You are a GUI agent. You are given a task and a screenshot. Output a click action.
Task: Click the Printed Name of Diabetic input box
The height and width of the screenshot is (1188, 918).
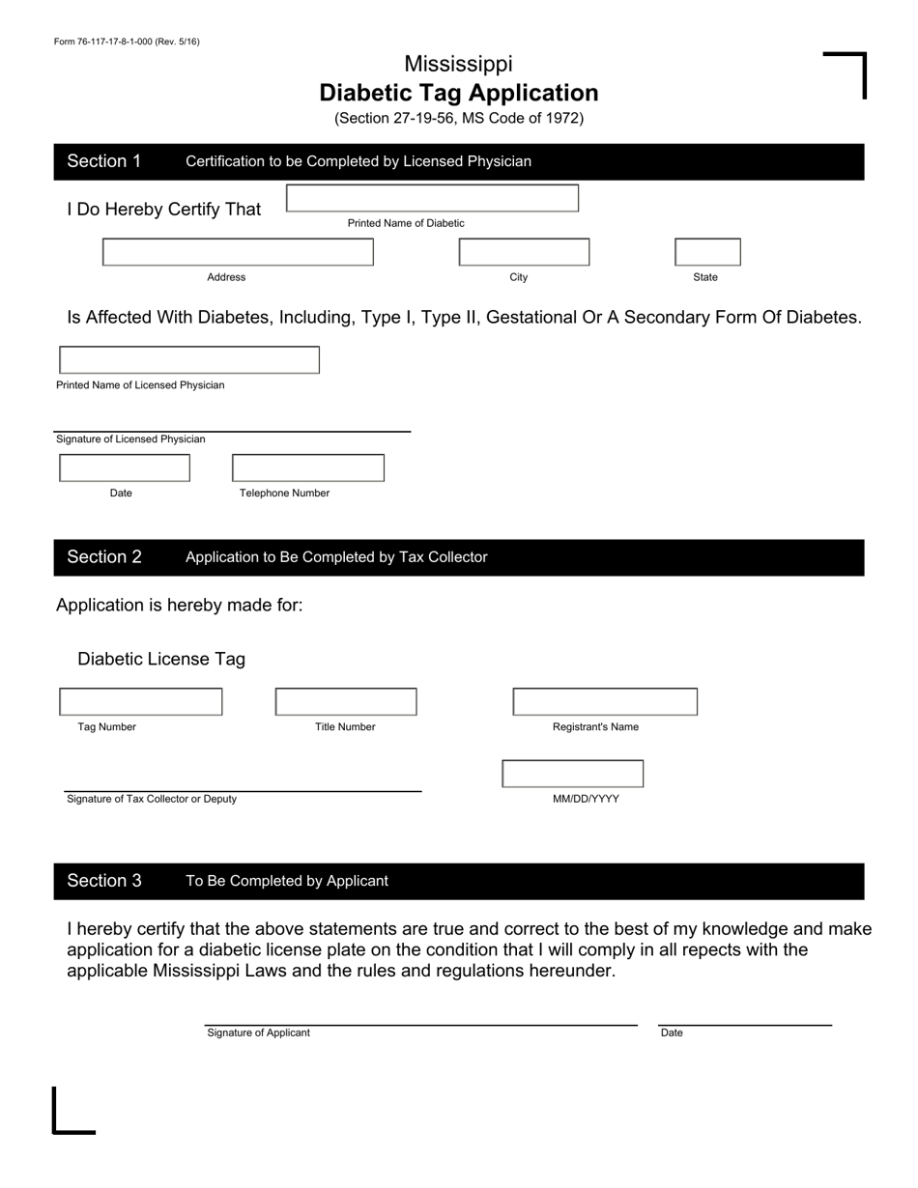(432, 198)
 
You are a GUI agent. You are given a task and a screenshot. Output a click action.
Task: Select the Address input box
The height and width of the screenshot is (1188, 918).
(238, 252)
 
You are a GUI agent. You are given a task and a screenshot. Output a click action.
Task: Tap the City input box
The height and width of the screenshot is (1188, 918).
(524, 252)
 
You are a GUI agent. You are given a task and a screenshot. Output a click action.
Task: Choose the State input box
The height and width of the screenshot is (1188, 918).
(707, 252)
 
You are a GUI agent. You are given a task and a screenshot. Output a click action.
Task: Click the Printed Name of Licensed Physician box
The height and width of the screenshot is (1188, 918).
(189, 360)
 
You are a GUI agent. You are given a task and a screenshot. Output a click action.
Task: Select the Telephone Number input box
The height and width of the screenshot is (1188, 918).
(307, 468)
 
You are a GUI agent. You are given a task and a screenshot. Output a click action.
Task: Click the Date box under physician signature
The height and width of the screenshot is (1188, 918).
(125, 468)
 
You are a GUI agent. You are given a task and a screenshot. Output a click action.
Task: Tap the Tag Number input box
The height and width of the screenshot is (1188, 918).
(141, 702)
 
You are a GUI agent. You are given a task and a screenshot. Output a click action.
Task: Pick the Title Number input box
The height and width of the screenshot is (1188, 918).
(346, 702)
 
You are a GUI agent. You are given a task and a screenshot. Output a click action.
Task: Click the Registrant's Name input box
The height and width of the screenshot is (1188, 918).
(605, 702)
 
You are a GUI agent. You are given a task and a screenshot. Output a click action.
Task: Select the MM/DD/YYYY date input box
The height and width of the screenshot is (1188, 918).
(572, 775)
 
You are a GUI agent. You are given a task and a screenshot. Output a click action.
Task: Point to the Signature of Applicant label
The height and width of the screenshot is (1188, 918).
(258, 1032)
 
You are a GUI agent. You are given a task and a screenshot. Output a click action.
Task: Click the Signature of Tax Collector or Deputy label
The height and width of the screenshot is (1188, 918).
(151, 799)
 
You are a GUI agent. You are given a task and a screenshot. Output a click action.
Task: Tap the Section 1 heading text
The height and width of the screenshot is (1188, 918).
(104, 161)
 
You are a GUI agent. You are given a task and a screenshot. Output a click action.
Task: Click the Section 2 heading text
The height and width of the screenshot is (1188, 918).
(104, 557)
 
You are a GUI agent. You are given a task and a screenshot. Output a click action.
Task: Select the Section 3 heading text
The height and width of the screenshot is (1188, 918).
(104, 881)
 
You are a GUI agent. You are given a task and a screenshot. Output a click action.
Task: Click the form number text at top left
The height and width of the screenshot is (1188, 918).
(127, 42)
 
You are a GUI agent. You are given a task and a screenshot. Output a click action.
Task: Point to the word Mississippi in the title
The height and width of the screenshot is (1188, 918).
(458, 64)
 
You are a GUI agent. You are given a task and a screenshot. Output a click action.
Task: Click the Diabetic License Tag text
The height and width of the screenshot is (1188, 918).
(161, 659)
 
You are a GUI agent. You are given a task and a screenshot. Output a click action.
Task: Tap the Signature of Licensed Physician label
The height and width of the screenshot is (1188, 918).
(130, 439)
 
